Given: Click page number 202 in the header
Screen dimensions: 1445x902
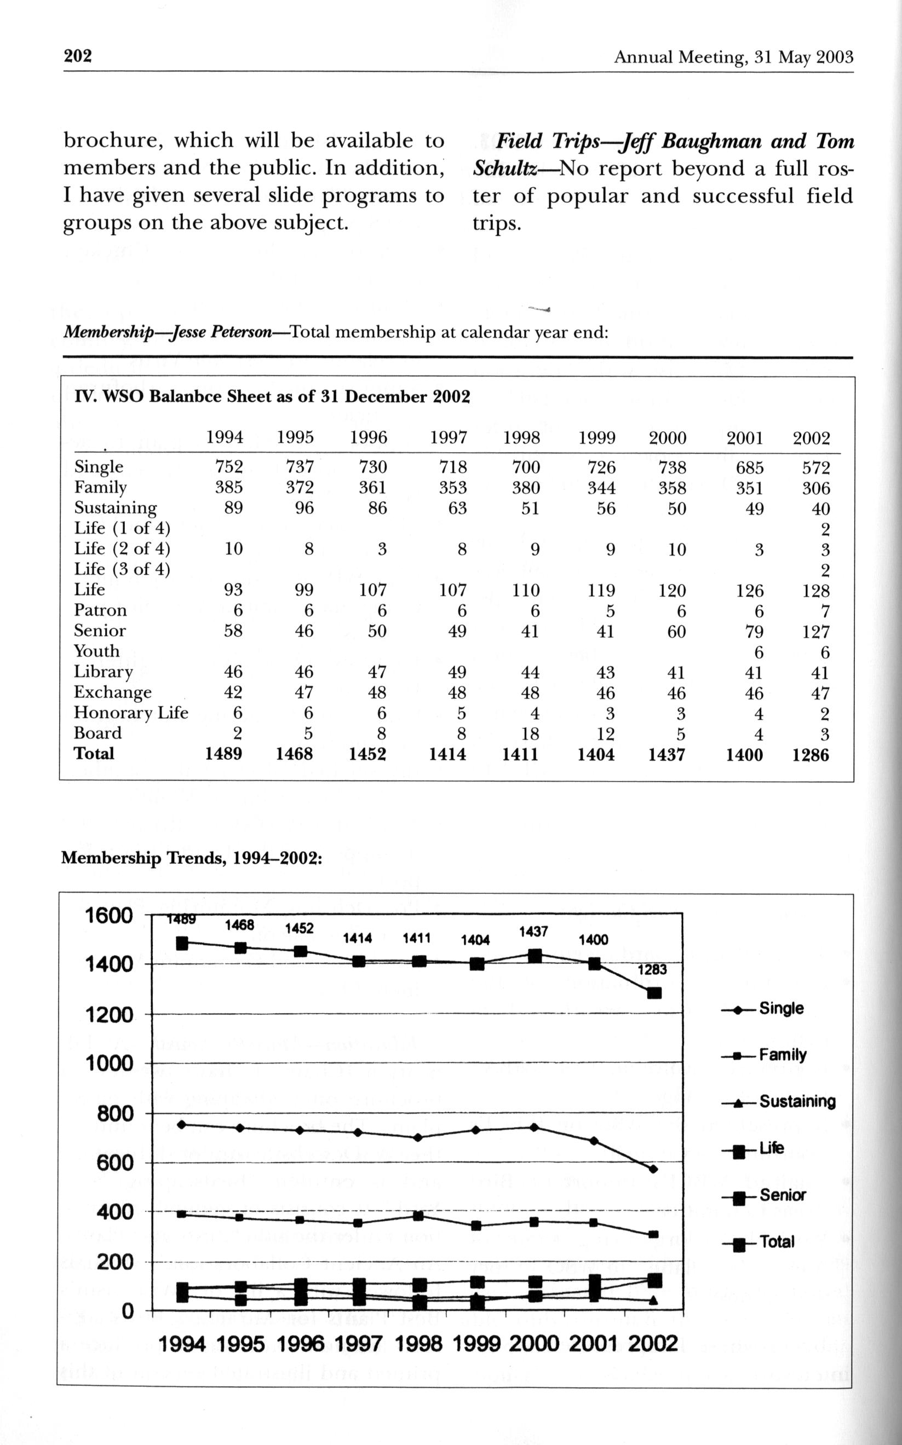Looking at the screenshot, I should click(x=78, y=56).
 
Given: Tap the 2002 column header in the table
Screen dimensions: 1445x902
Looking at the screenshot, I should click(x=811, y=438).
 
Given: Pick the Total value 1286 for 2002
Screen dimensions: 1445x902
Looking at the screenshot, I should click(x=810, y=755).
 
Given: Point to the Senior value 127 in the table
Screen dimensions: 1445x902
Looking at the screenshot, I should click(x=815, y=631).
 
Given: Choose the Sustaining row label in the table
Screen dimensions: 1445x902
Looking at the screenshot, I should click(x=115, y=508).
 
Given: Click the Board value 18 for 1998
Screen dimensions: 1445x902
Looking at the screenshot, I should click(x=530, y=734).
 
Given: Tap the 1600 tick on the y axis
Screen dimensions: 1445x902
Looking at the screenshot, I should click(x=109, y=916).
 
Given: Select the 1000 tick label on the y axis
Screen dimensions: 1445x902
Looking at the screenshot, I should click(x=109, y=1063).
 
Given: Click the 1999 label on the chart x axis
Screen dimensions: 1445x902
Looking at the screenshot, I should click(x=476, y=1344).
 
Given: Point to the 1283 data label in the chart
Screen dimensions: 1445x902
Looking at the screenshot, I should click(x=652, y=969).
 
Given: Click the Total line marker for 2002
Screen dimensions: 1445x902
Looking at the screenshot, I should click(x=654, y=992).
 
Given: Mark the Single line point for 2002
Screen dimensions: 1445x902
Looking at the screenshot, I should click(x=654, y=1169).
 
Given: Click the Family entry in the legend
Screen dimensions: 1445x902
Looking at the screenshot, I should click(x=782, y=1055).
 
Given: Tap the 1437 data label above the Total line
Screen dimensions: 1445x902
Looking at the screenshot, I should click(x=533, y=931).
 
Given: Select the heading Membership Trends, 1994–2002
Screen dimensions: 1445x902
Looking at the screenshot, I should click(x=192, y=858).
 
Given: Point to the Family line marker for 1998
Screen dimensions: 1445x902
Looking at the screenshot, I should click(x=418, y=1216).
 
